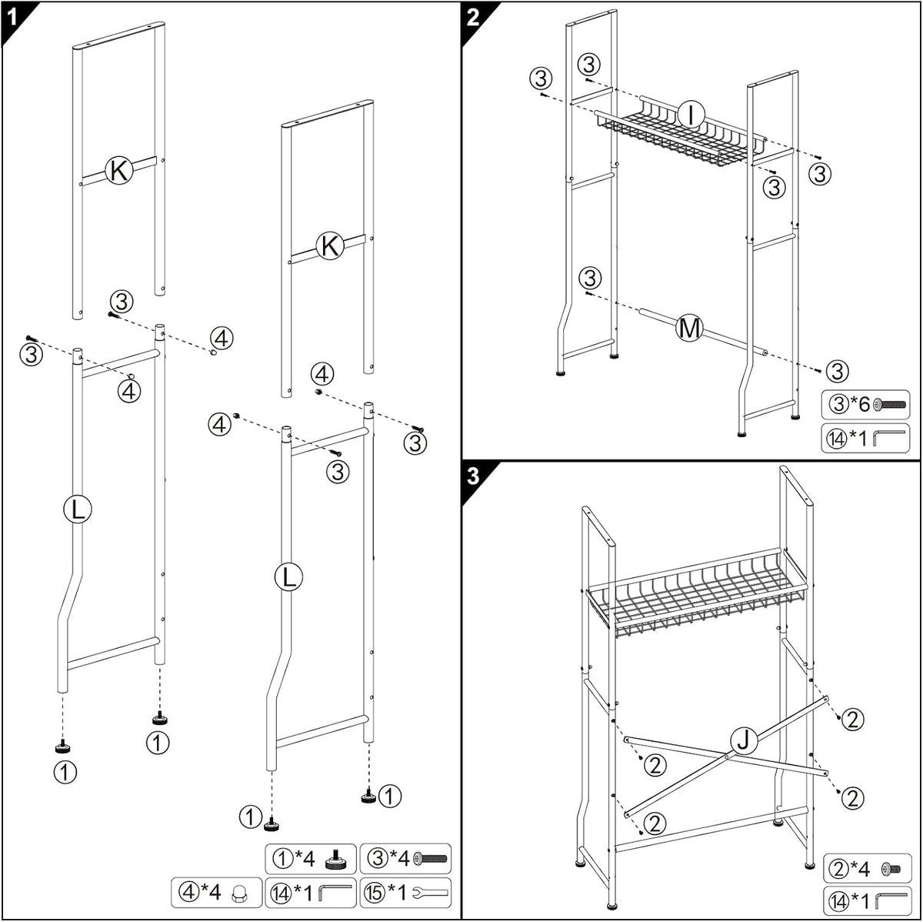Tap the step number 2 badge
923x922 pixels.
click(x=473, y=18)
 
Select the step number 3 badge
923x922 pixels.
click(x=473, y=476)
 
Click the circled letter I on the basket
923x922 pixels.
click(x=691, y=115)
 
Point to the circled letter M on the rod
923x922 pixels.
click(x=688, y=329)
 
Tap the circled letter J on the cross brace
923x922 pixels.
click(x=743, y=740)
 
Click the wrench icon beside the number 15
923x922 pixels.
click(x=429, y=892)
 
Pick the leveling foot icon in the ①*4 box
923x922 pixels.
click(x=336, y=859)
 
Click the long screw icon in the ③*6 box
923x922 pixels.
click(x=889, y=405)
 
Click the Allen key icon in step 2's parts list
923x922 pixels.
click(x=888, y=437)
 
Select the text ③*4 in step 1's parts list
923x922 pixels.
click(x=388, y=859)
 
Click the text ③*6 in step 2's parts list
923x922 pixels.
click(x=849, y=404)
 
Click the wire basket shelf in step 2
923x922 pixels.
click(x=680, y=137)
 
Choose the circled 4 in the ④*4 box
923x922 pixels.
click(x=188, y=892)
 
